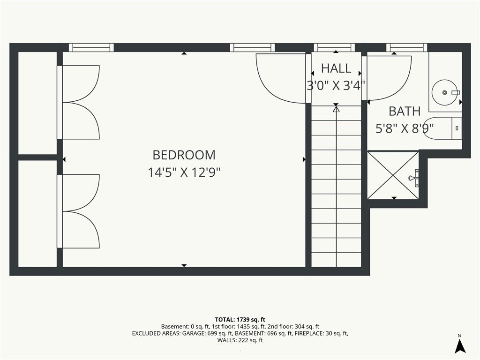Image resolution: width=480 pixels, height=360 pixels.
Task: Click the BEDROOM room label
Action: tap(184, 155)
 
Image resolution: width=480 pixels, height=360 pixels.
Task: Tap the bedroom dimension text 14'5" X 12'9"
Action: tap(184, 172)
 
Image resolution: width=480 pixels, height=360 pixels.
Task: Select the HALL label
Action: tap(336, 68)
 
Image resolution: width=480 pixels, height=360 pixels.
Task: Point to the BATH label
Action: tap(405, 112)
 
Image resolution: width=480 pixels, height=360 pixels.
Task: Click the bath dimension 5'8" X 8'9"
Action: tap(405, 128)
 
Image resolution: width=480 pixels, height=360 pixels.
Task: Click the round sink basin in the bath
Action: tap(444, 92)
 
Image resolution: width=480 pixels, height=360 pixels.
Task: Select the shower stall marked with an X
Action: tap(393, 175)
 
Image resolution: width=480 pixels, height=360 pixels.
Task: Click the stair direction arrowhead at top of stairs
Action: tap(336, 108)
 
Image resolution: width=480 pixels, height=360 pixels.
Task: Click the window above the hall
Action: tap(334, 47)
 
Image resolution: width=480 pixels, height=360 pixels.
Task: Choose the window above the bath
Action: tap(407, 47)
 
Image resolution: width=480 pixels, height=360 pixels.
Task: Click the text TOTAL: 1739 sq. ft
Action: tap(240, 320)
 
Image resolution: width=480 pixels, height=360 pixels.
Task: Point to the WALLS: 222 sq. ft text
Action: tap(240, 340)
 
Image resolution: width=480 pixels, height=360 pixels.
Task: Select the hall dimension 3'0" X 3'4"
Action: tap(336, 85)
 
